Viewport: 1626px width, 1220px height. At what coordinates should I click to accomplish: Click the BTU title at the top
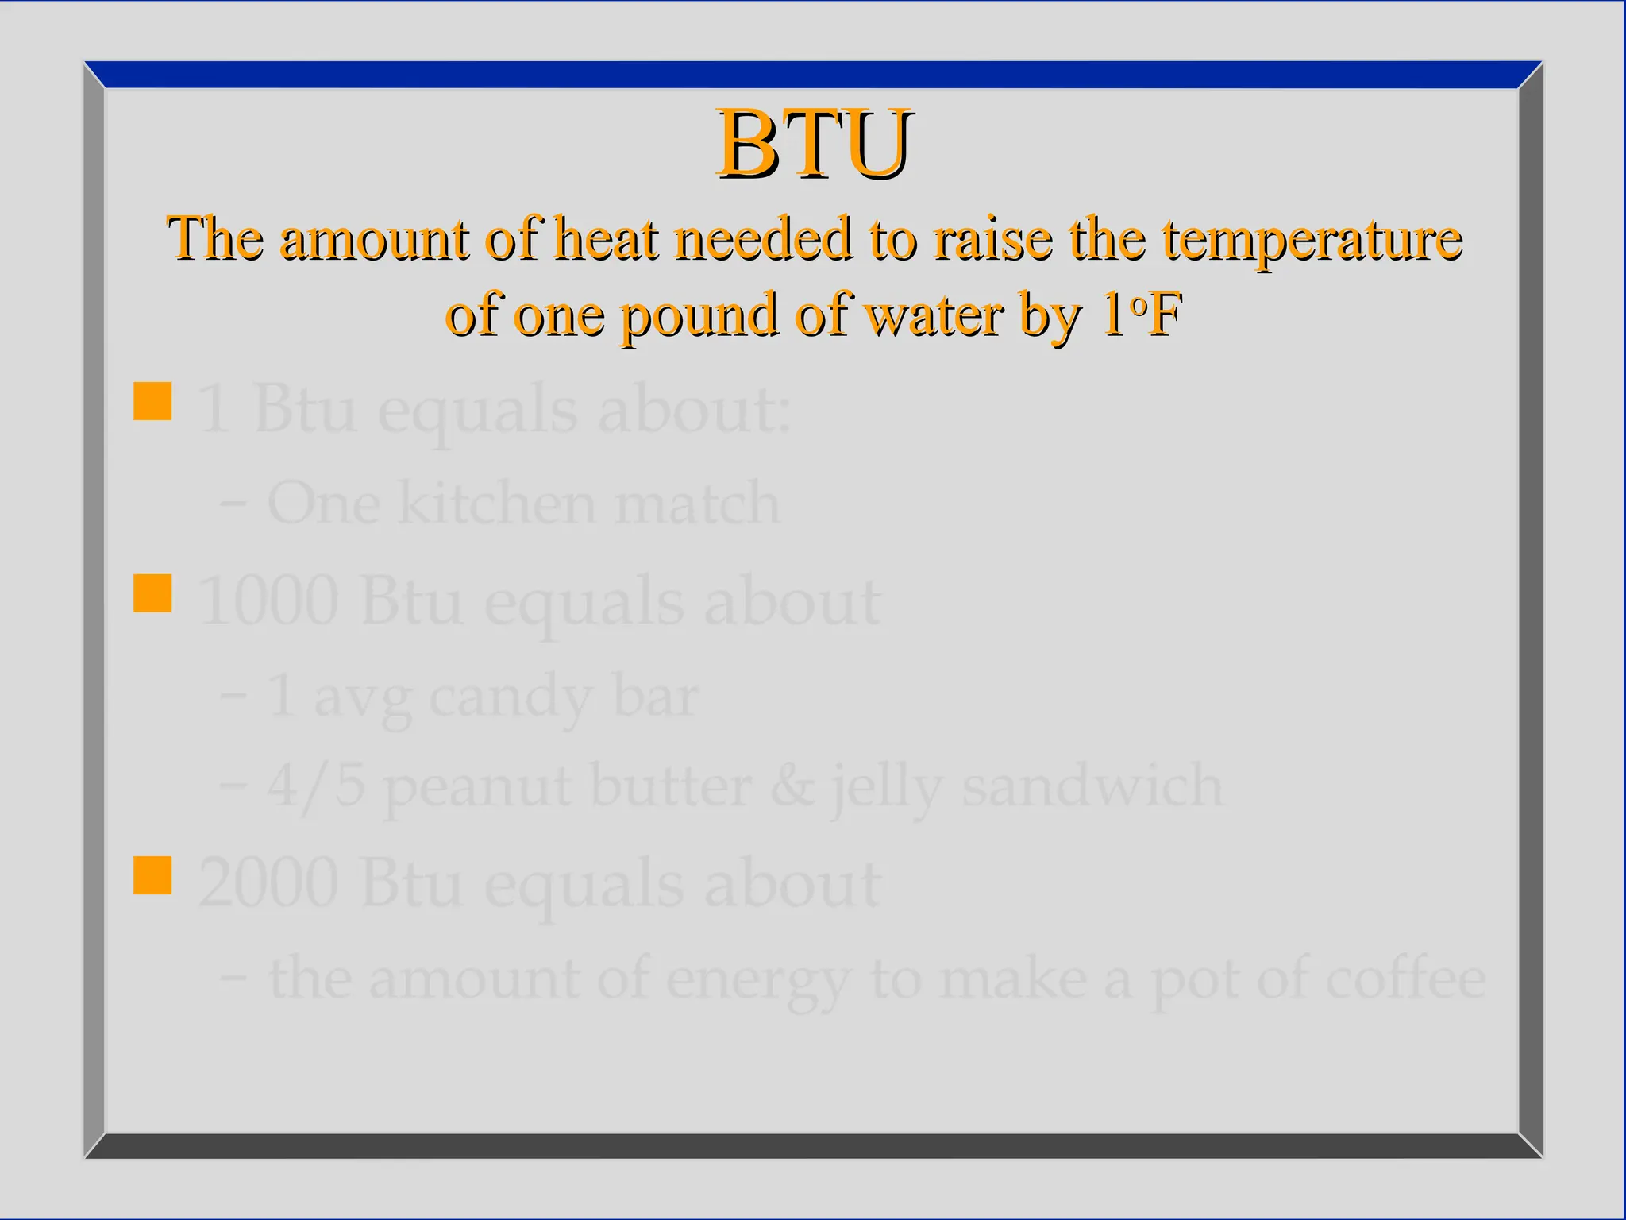coord(814,145)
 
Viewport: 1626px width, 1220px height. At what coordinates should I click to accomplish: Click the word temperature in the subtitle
coord(1312,239)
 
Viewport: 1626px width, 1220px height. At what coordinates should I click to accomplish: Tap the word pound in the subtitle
coord(698,315)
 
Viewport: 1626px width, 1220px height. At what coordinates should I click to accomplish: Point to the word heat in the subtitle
coord(605,239)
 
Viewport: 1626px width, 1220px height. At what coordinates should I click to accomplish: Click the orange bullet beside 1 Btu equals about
coord(152,401)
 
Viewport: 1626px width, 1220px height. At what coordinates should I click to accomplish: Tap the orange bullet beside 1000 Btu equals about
coord(152,593)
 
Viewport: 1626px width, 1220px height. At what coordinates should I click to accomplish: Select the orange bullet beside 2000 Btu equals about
coord(152,875)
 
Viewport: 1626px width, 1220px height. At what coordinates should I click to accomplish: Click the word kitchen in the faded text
coord(496,503)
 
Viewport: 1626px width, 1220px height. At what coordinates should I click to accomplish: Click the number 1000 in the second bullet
coord(268,601)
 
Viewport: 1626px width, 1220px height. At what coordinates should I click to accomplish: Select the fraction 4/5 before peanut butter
coord(316,786)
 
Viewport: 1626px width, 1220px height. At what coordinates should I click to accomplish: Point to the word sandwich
coord(1092,786)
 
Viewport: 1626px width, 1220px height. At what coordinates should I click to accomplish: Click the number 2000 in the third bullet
coord(268,883)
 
